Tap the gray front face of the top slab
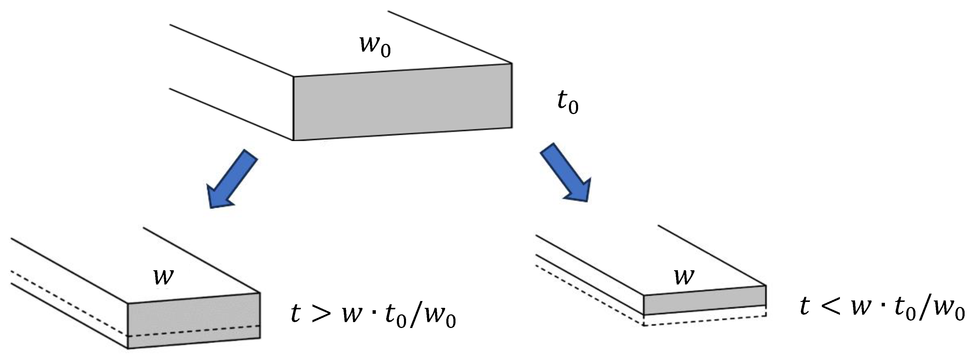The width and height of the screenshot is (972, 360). [402, 102]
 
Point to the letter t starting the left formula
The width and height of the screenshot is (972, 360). [296, 313]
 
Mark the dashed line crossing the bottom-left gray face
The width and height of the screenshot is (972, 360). [194, 331]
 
